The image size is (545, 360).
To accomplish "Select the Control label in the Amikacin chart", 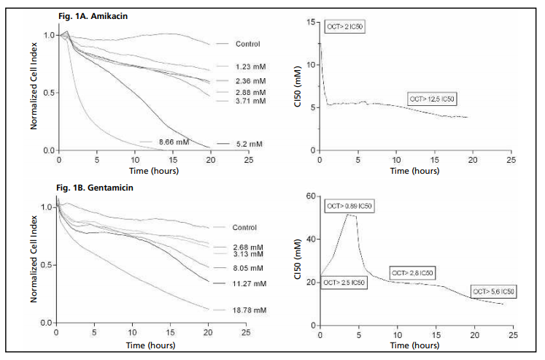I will [x=248, y=44].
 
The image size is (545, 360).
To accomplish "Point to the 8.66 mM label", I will [x=174, y=142].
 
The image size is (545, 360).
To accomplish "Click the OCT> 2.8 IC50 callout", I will [x=413, y=272].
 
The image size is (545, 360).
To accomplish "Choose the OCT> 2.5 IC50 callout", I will [x=343, y=282].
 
